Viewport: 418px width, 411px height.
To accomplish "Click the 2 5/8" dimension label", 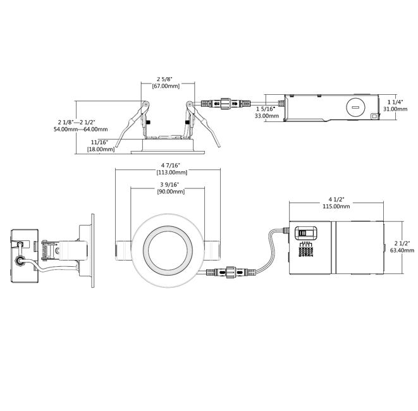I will point(167,79).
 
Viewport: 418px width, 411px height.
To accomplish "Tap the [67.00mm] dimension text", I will point(167,87).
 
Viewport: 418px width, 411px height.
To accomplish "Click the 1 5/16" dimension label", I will point(265,108).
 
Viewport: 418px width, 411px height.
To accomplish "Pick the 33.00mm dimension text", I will point(265,116).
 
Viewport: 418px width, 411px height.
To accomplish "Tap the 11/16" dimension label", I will point(99,142).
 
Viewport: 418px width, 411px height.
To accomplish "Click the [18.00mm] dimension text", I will point(101,149).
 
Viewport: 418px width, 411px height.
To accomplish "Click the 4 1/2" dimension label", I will point(336,199).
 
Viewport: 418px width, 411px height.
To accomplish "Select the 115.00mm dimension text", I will point(336,206).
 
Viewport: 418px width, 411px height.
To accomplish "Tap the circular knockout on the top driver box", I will point(354,107).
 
